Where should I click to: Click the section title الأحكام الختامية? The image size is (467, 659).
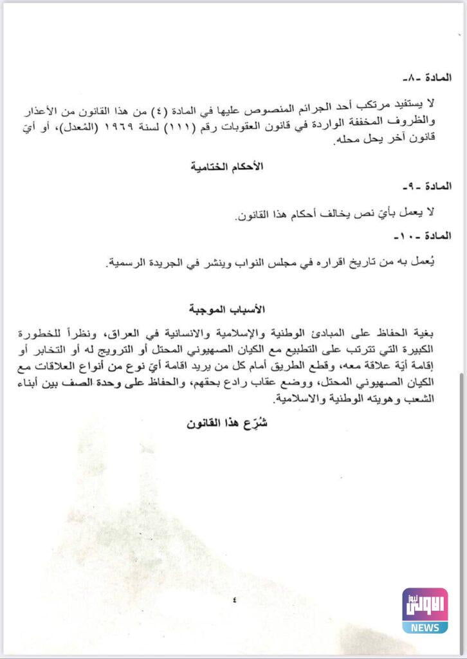click(x=219, y=166)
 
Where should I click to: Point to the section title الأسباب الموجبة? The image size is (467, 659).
click(x=219, y=310)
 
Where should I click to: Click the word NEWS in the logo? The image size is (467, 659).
click(x=425, y=627)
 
